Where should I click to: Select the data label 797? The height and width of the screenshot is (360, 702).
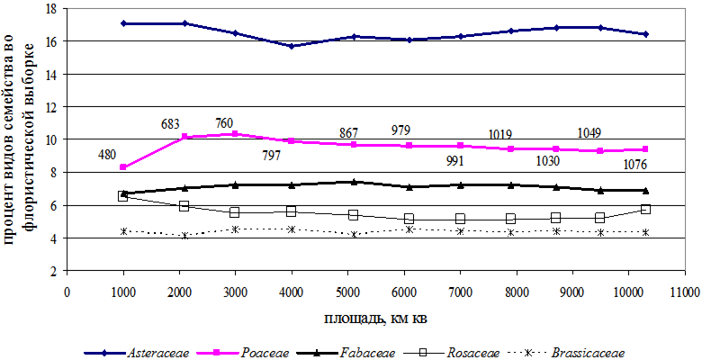[270, 156]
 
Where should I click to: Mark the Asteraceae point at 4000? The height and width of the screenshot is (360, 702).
[292, 46]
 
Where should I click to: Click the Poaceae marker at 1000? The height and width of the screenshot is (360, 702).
[123, 167]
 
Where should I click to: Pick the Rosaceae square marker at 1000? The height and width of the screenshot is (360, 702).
[123, 195]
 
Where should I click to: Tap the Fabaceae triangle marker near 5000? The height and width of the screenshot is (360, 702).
[354, 182]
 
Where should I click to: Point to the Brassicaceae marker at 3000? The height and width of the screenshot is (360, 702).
[235, 229]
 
